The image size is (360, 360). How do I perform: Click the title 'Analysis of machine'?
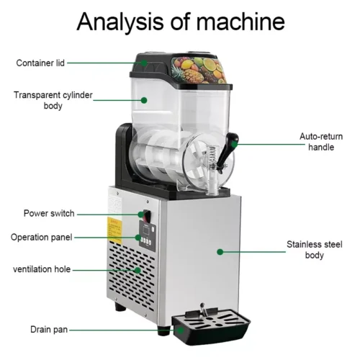point(181,22)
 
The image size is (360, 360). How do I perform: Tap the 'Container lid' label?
point(40,63)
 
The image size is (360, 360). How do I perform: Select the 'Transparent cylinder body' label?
point(53,100)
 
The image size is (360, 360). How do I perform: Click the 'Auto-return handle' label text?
point(321,142)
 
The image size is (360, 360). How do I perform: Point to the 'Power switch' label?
point(49,213)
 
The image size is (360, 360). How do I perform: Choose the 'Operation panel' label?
point(41,238)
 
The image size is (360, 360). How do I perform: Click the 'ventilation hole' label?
point(42,269)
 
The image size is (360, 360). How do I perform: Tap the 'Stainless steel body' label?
point(315,250)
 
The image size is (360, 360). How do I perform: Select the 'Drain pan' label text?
point(49,330)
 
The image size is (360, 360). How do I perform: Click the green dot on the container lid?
point(144,63)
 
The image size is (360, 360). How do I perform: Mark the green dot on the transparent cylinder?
point(144,100)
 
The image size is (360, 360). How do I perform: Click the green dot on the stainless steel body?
point(220,252)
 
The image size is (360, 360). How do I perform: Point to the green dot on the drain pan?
point(181,330)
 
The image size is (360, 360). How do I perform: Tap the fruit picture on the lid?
point(198,69)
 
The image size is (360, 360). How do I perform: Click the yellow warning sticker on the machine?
point(114,230)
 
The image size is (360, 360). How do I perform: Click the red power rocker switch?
point(147,215)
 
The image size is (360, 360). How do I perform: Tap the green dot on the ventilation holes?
point(138,270)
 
